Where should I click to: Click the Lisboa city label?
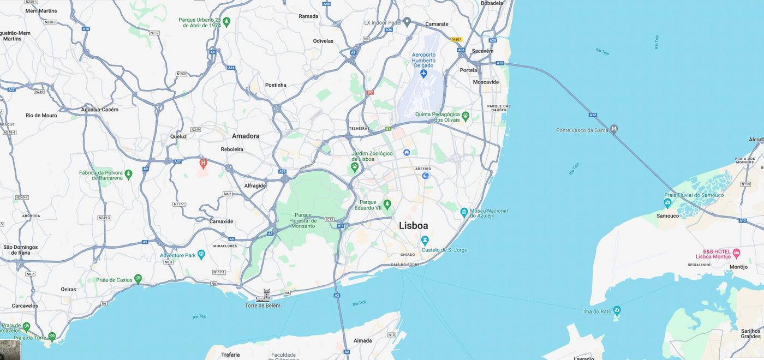click(x=413, y=225)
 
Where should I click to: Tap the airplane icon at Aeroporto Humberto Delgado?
click(x=423, y=73)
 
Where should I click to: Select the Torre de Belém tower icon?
click(x=263, y=295)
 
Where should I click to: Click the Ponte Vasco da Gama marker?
click(x=614, y=129)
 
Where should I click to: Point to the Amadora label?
click(x=246, y=136)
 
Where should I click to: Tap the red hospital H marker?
click(x=203, y=163)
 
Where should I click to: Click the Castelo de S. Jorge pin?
click(x=425, y=240)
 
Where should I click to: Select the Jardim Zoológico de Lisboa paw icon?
click(x=355, y=166)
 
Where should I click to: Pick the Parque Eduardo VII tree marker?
click(x=387, y=204)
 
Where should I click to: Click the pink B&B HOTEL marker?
click(x=736, y=253)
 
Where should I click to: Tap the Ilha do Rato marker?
click(x=617, y=310)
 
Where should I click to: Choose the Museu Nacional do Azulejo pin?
click(x=464, y=212)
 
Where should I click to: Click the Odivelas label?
click(x=323, y=41)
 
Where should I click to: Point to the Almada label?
click(x=362, y=340)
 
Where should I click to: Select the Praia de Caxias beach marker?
click(x=138, y=279)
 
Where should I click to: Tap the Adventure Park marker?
click(x=201, y=255)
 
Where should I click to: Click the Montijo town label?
click(x=738, y=267)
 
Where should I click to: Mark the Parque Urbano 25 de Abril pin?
click(x=226, y=22)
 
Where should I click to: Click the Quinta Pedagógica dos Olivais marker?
click(x=465, y=116)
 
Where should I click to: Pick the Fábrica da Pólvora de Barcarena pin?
click(x=128, y=175)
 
